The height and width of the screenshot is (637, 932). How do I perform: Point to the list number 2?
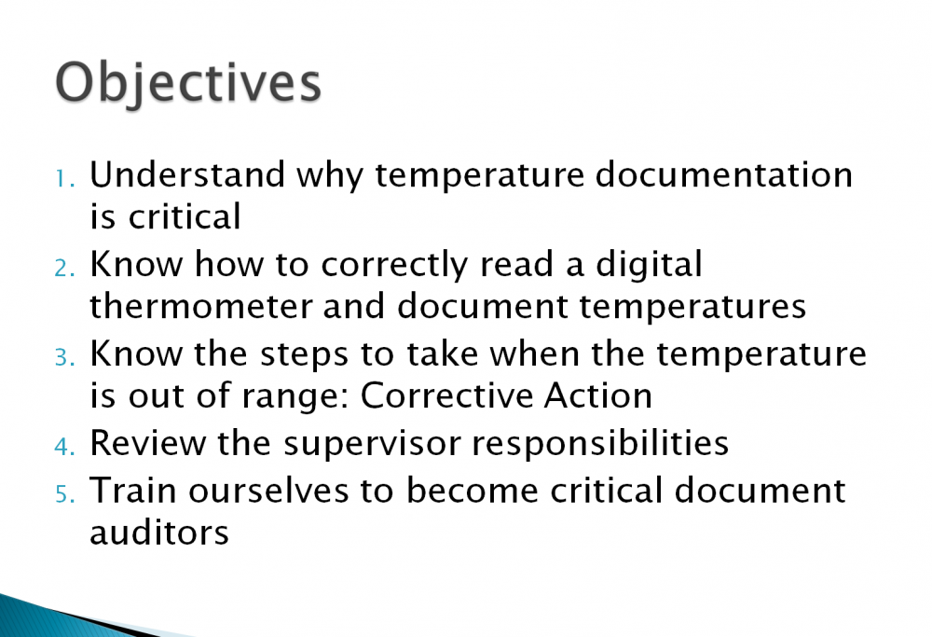pos(63,268)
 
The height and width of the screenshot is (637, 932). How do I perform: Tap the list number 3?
pos(63,358)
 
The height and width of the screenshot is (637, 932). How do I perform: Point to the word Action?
pos(597,396)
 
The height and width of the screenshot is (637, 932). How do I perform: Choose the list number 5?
pos(63,493)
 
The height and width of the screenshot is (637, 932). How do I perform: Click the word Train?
pos(132,490)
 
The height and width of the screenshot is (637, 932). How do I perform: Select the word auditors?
pos(159,533)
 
